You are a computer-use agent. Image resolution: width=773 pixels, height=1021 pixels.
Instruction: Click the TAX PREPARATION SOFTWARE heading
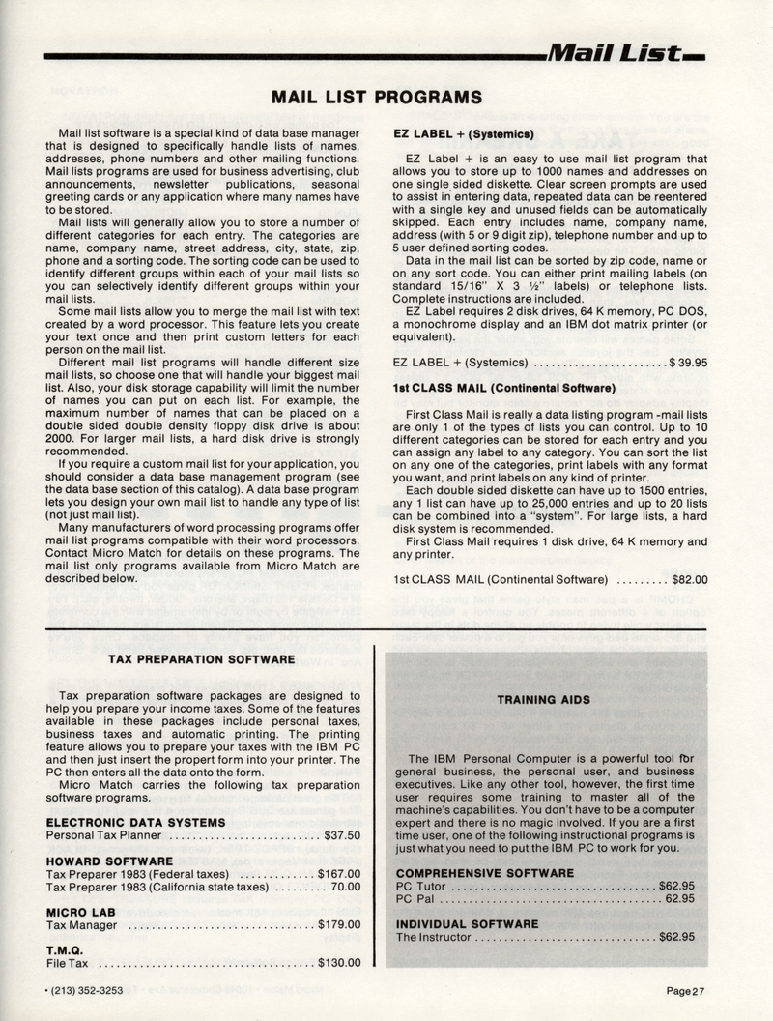pyautogui.click(x=202, y=659)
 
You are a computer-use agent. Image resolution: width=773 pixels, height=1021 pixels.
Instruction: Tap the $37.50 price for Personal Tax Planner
pyautogui.click(x=342, y=835)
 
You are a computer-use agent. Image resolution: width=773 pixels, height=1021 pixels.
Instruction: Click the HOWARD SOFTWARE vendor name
pyautogui.click(x=109, y=860)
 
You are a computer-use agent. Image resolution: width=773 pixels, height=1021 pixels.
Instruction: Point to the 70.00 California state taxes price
pyautogui.click(x=346, y=886)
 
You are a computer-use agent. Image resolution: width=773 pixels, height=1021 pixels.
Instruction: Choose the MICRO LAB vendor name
pyautogui.click(x=82, y=911)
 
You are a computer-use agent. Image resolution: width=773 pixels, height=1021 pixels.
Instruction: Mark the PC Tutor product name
pyautogui.click(x=423, y=886)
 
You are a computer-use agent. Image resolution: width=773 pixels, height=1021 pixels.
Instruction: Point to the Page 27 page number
pyautogui.click(x=685, y=990)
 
